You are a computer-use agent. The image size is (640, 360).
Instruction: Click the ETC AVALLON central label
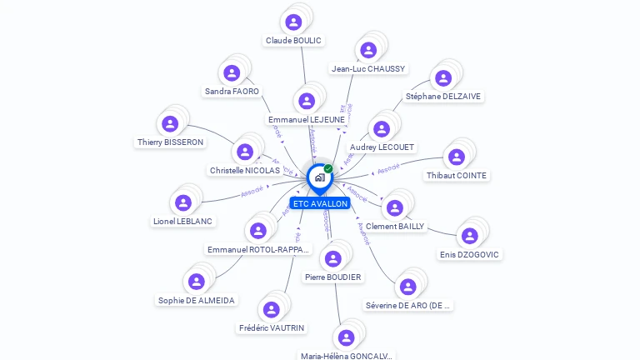(320, 203)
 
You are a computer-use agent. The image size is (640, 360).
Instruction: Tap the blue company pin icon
(319, 177)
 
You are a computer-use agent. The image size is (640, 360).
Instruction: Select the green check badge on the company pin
(328, 168)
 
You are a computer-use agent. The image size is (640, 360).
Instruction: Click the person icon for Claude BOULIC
(293, 22)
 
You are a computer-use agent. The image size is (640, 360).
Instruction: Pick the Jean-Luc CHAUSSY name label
(368, 69)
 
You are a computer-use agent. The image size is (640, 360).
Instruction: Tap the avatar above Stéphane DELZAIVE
(443, 78)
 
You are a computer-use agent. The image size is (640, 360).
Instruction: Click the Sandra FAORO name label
(232, 92)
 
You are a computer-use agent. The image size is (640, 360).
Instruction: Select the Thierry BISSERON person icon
(170, 124)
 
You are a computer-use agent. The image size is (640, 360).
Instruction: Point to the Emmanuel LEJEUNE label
(307, 120)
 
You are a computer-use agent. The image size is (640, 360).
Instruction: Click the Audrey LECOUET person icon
(382, 129)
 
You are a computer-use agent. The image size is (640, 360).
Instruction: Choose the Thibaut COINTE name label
(457, 176)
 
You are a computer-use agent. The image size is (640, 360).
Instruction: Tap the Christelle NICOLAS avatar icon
(245, 152)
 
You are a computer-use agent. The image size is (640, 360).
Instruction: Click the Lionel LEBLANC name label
(183, 222)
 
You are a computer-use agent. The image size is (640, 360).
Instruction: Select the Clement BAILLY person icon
(395, 207)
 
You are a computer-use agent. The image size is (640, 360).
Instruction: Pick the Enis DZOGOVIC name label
(470, 255)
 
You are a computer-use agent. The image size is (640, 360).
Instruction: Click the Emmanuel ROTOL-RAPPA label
(258, 250)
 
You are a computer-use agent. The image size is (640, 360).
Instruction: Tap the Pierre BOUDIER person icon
(333, 258)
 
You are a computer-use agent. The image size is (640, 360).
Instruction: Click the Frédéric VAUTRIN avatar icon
(272, 310)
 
